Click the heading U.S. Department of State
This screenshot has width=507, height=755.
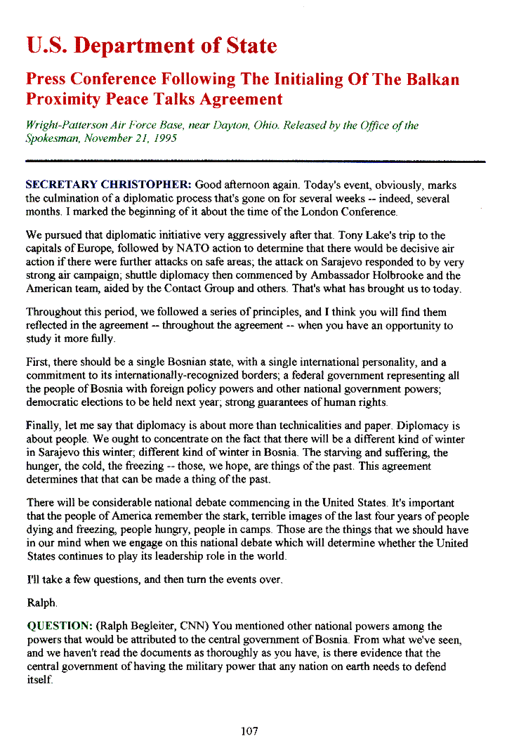(x=152, y=46)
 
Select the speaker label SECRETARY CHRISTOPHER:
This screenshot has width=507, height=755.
(x=108, y=185)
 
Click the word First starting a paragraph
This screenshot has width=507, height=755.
(x=39, y=362)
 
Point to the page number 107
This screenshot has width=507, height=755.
(x=249, y=731)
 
